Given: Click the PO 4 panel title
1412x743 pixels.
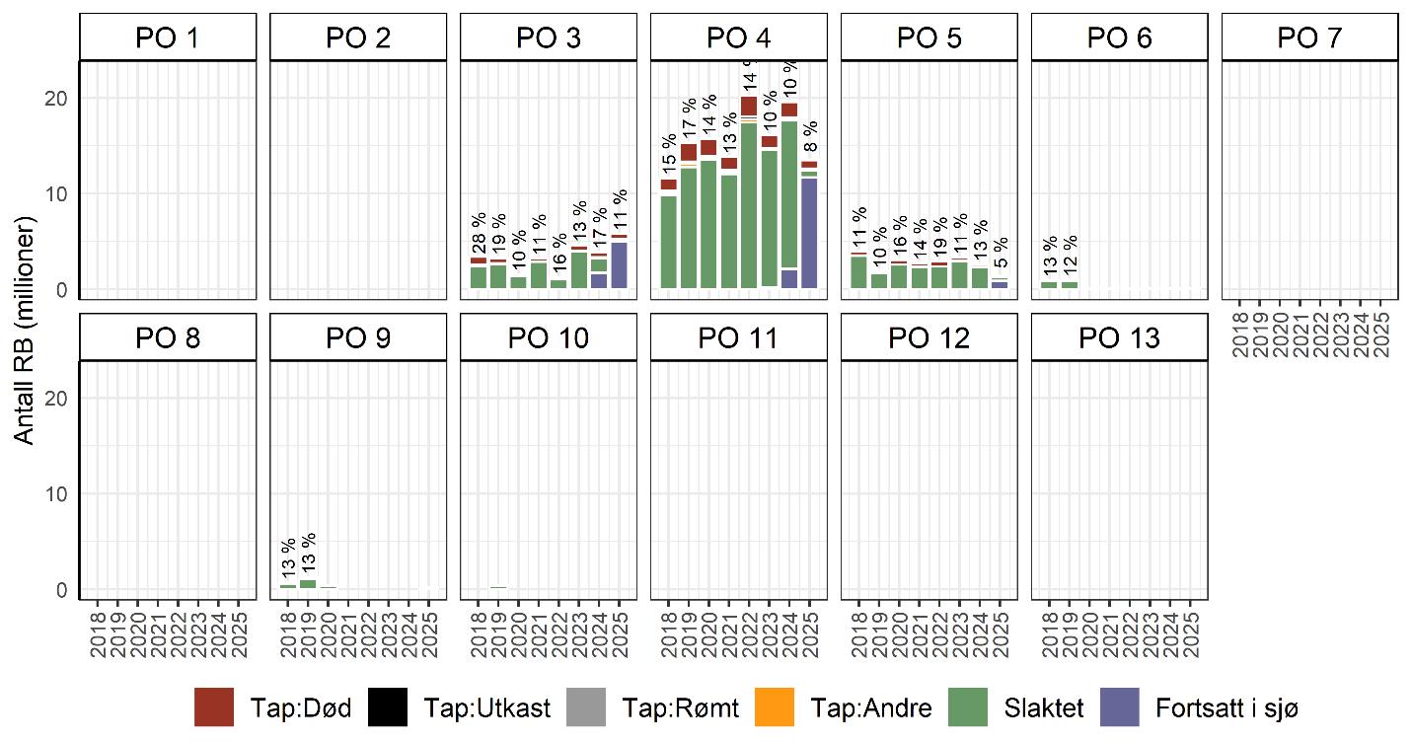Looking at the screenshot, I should pos(738,38).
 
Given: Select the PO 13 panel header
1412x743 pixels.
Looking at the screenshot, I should pos(1119,338).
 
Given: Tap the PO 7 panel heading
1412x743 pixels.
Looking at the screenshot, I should pos(1309,38).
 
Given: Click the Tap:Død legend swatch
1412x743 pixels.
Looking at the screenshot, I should pos(214,706).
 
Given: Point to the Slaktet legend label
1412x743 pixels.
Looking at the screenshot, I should pos(1044,707).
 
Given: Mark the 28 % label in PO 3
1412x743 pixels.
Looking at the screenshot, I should pos(479,234).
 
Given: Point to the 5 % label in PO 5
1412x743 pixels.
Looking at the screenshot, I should pos(1000,256).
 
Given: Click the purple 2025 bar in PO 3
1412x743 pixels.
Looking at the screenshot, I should pos(619,264).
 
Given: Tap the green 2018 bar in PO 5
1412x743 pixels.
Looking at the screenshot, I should pos(858,272).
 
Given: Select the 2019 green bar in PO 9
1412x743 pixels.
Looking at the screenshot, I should pos(308,583).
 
